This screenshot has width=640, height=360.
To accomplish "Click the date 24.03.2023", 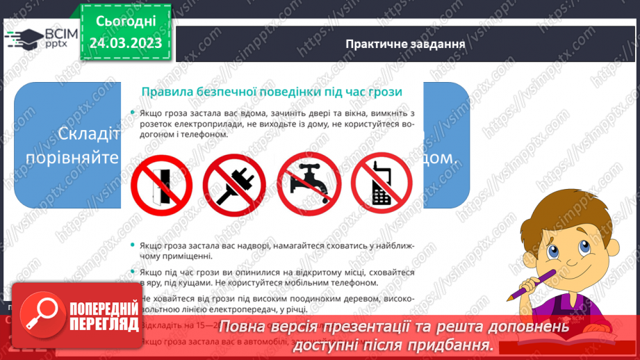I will [125, 42].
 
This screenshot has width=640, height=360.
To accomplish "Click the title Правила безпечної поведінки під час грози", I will [272, 92].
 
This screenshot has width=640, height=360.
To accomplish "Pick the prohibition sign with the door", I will [160, 180].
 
